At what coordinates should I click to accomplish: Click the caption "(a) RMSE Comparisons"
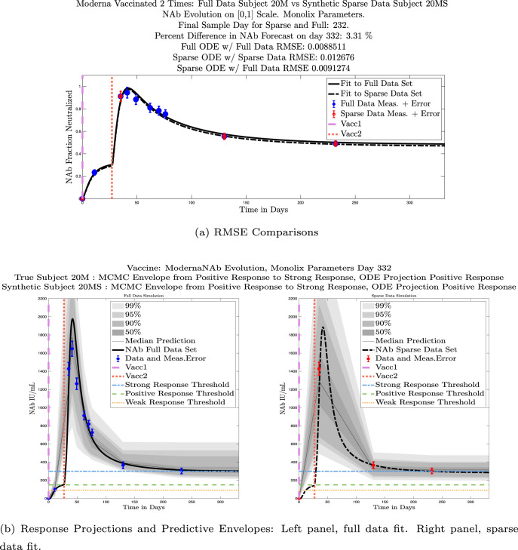259,232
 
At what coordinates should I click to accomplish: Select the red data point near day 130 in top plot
225,137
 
